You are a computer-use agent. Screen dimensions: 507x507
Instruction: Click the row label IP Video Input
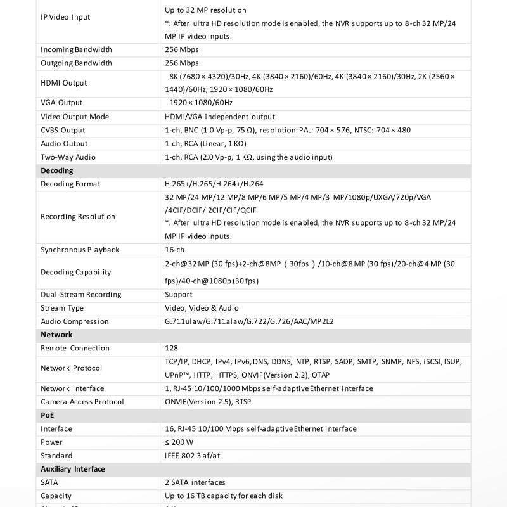click(65, 17)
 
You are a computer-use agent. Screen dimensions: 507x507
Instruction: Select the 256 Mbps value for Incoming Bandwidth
click(181, 49)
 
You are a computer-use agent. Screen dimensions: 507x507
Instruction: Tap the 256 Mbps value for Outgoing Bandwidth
click(181, 63)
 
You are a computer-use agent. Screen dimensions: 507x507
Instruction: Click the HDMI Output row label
click(64, 83)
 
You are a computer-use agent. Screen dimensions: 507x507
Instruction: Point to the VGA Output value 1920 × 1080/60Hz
click(201, 103)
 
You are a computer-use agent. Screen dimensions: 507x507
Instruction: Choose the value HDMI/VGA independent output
click(219, 117)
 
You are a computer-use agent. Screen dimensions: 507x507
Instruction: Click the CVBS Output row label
click(63, 130)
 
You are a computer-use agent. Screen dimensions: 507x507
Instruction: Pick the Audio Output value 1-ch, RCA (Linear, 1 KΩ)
click(205, 144)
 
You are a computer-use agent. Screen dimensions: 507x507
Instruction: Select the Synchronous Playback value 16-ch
click(174, 250)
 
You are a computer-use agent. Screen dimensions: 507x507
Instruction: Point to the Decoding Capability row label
click(75, 272)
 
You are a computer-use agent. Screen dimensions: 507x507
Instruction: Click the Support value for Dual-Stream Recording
click(178, 295)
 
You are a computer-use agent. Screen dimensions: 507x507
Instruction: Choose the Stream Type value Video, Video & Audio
click(202, 308)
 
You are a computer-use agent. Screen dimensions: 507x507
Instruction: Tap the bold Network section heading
click(56, 335)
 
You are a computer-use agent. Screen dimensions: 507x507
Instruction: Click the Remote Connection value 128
click(171, 348)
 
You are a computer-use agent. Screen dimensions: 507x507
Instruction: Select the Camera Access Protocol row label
click(82, 402)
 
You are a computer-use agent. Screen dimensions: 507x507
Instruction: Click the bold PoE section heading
click(48, 415)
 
